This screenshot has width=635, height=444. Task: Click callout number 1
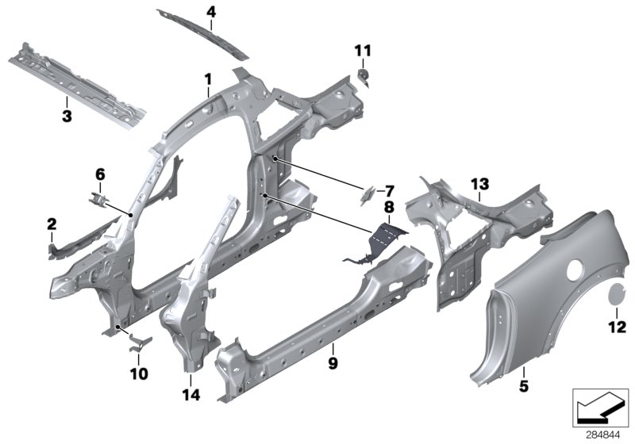point(207,79)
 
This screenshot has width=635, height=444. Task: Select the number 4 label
point(210,12)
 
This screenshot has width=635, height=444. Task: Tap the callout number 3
point(67,117)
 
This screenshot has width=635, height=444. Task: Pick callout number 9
point(333,363)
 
